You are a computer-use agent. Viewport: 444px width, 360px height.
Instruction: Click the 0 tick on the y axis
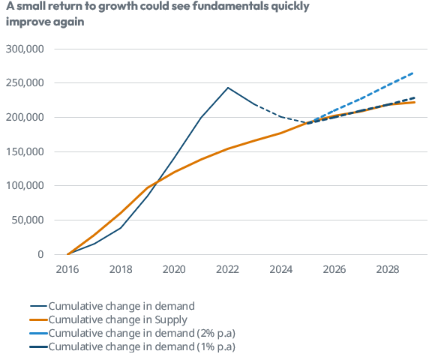click(x=41, y=255)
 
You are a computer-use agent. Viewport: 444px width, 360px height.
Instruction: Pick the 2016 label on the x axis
click(x=67, y=269)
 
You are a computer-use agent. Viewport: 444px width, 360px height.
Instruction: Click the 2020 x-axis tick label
click(x=175, y=269)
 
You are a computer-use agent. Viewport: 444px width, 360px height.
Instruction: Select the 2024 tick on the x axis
click(x=281, y=269)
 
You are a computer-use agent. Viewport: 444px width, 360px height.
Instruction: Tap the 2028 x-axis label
click(x=388, y=269)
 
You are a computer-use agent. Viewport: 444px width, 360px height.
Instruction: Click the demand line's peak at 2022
click(x=228, y=88)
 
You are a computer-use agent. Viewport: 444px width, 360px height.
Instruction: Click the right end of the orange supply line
click(x=415, y=102)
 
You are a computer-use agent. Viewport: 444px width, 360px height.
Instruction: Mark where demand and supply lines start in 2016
click(x=68, y=254)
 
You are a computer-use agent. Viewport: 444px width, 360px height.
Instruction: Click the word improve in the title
click(x=27, y=22)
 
